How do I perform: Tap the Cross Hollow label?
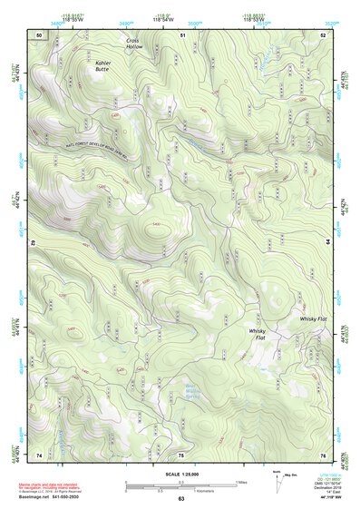134,44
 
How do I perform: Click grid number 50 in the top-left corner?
39,34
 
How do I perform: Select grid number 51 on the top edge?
182,34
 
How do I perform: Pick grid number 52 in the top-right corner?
324,34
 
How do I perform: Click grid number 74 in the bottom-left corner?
39,454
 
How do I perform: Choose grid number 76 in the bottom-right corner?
324,454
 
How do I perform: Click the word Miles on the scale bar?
241,481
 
